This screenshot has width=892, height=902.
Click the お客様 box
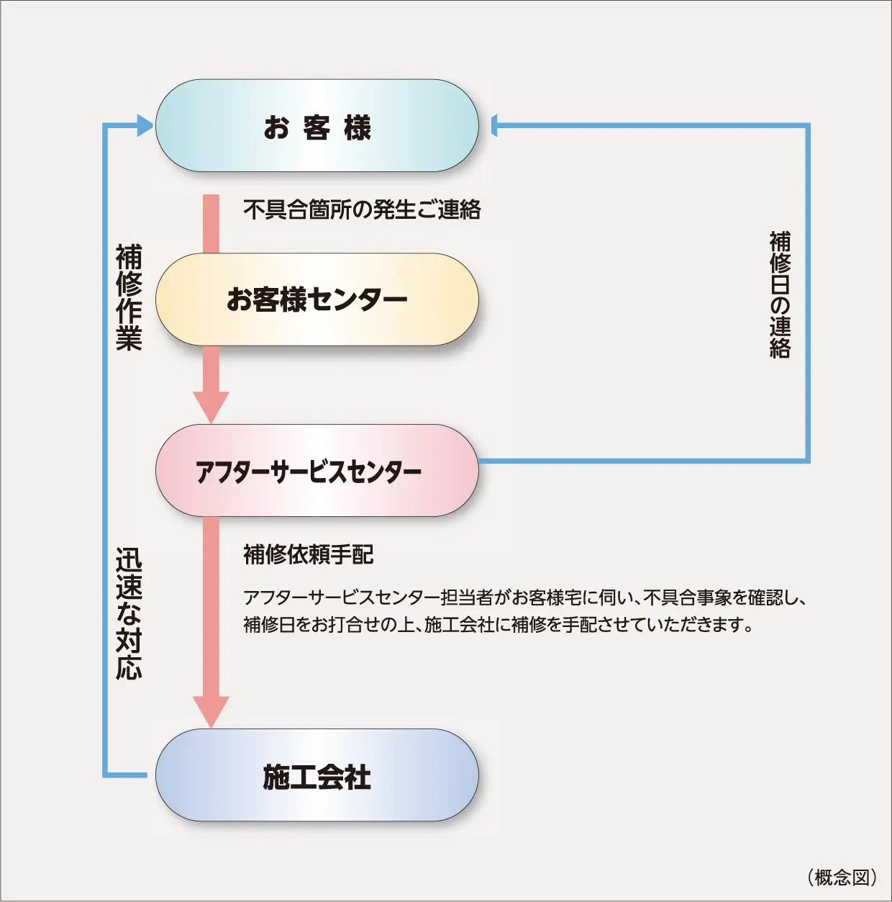click(x=317, y=126)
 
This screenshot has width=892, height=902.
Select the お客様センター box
click(x=317, y=299)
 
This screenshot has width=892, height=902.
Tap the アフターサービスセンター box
click(x=317, y=471)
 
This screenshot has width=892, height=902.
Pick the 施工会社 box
click(x=317, y=775)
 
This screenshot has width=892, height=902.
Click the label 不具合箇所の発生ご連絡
click(x=362, y=210)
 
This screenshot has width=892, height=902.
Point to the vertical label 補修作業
click(x=129, y=297)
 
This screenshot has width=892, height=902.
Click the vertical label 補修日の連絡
click(x=780, y=294)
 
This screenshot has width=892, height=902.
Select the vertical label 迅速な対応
click(x=129, y=614)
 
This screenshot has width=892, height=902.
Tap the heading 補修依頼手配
click(x=308, y=555)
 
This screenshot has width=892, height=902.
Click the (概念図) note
click(x=842, y=877)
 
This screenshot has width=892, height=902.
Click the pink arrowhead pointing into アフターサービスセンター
click(x=211, y=407)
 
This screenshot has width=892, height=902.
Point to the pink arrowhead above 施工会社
click(x=211, y=711)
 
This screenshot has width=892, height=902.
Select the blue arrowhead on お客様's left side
click(x=145, y=126)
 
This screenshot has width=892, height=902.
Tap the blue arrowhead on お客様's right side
click(x=495, y=126)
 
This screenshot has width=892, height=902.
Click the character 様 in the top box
click(x=357, y=128)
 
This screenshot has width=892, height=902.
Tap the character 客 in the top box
click(x=317, y=128)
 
